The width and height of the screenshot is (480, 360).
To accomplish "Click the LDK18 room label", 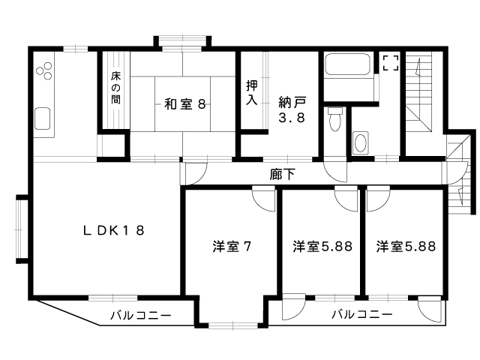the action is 113,230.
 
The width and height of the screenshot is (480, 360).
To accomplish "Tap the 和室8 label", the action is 184,104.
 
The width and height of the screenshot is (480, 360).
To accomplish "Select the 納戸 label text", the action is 292,103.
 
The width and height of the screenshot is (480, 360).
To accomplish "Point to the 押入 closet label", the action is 252,93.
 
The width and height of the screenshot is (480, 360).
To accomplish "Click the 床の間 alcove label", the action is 115,88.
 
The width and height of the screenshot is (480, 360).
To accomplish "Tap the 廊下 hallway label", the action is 282,174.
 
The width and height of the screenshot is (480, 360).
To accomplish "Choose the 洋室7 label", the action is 232,247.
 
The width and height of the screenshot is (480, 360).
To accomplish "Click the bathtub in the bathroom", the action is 347,64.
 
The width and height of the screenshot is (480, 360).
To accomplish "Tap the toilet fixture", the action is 335,119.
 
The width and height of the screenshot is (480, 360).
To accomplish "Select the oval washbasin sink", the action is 360,143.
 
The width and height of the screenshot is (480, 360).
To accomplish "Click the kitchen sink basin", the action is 42,118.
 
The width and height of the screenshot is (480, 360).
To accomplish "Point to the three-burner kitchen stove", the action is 45,70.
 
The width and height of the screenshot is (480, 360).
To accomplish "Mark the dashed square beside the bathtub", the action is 391,63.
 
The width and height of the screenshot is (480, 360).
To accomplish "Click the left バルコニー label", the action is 141,315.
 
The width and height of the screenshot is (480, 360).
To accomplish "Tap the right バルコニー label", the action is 362,314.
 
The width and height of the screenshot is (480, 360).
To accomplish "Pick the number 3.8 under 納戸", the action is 292,118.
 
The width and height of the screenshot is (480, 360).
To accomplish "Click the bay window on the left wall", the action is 22,229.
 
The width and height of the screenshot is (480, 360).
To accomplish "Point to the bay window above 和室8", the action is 182,42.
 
